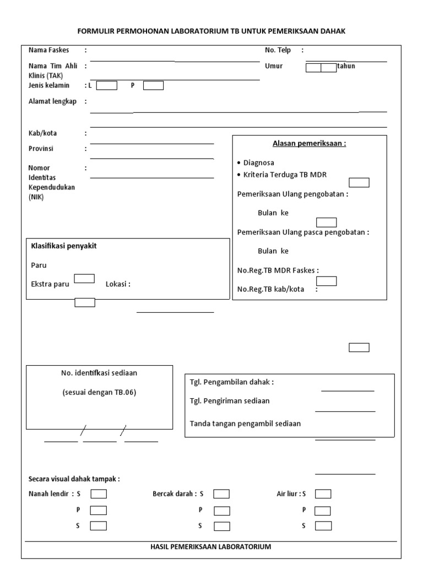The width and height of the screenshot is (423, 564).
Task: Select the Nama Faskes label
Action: coord(48,50)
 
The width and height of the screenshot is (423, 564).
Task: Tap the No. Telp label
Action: coord(278,50)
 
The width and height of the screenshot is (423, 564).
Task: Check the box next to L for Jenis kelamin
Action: coord(107,85)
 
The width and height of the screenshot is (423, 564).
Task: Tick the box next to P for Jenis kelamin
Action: coord(153,85)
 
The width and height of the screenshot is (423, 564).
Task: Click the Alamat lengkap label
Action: coord(52,101)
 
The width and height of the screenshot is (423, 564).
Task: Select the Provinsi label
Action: coord(41,149)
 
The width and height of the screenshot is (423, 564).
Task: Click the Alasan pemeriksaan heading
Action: coord(309,144)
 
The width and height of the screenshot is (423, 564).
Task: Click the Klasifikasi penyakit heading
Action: coord(64,246)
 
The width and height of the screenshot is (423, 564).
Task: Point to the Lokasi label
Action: coord(117,284)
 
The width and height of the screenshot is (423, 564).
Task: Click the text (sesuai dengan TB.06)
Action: coord(99,393)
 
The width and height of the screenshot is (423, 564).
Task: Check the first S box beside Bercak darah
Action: coord(221,494)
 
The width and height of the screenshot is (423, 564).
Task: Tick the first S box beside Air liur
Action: coord(323,494)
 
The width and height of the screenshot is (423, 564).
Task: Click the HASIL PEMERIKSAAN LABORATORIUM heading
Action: coord(210,547)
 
